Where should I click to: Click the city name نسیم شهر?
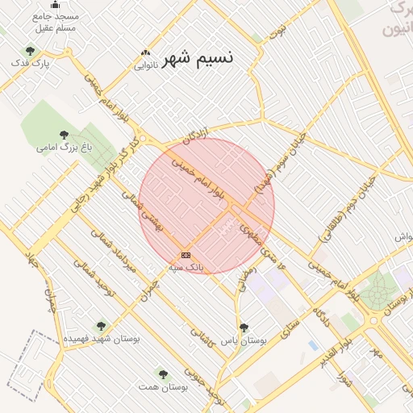[198, 59]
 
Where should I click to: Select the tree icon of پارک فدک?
[31, 52]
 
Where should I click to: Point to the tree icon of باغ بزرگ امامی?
[64, 135]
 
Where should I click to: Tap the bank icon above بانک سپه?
[186, 255]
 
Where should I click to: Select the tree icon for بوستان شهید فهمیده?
[100, 327]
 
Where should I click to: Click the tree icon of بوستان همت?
[163, 374]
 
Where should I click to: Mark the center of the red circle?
[206, 206]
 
